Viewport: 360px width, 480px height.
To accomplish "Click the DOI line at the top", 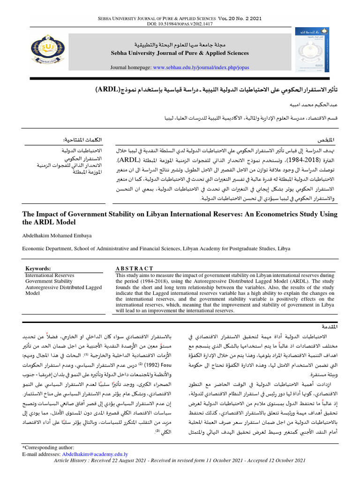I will click(x=180, y=23).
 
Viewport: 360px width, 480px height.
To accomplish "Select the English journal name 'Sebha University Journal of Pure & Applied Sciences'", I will click(x=180, y=53).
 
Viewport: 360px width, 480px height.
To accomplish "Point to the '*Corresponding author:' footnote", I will click(x=48, y=449).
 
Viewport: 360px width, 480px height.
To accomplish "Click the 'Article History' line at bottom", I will click(x=180, y=461).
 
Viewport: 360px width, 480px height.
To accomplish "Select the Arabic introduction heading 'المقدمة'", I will click(x=327, y=325).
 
